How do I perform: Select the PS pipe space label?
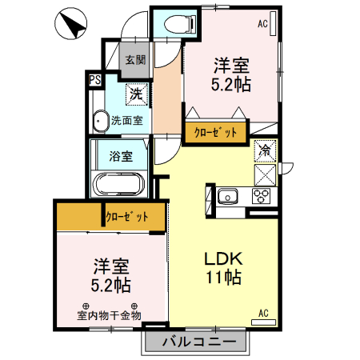(94, 80)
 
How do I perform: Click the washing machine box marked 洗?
(136, 94)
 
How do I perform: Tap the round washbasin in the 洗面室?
(101, 122)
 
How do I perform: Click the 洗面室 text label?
(126, 121)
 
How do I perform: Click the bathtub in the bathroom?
(118, 184)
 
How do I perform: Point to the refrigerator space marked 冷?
(265, 150)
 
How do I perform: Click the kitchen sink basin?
(226, 195)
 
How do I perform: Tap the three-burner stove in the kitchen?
(263, 195)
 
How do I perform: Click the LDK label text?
(222, 259)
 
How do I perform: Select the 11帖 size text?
(222, 278)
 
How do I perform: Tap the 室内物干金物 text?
(109, 314)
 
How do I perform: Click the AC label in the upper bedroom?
(262, 24)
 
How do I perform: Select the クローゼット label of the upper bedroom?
(215, 133)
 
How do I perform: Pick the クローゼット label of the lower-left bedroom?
(127, 217)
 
